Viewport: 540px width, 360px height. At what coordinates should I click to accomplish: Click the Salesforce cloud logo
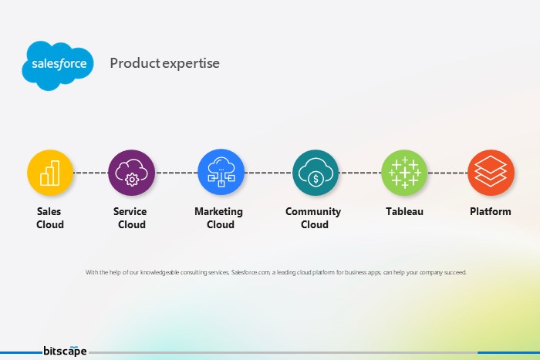tap(58, 66)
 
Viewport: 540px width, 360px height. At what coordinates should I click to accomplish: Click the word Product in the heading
tap(135, 63)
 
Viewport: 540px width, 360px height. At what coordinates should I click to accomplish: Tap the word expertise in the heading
tap(191, 64)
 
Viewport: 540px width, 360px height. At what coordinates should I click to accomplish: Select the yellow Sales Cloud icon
tap(50, 173)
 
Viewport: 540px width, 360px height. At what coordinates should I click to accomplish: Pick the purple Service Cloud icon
tap(132, 173)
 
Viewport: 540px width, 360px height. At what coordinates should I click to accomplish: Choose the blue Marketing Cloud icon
tap(221, 173)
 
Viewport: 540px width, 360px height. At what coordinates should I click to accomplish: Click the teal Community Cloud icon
tap(316, 173)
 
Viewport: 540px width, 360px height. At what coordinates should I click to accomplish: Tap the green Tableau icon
tap(405, 173)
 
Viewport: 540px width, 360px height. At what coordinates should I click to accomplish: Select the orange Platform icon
tap(491, 173)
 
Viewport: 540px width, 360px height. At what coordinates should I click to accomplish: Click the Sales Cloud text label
tap(50, 218)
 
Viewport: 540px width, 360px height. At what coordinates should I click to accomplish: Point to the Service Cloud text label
tap(130, 218)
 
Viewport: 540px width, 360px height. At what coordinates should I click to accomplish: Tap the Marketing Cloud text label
tap(219, 218)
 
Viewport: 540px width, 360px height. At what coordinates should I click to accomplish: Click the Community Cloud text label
tap(313, 218)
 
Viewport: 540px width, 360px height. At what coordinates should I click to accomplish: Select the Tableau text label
tap(405, 211)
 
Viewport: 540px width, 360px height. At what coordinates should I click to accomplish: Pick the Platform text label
tap(491, 211)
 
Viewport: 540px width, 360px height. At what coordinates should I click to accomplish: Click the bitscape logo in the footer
tap(65, 351)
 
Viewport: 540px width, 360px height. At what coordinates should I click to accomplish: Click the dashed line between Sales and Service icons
tap(91, 173)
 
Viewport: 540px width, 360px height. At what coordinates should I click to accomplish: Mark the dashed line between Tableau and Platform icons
tap(447, 173)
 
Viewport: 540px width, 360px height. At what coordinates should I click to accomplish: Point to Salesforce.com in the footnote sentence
tap(251, 272)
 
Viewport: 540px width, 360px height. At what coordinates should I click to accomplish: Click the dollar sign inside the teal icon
tap(316, 180)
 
